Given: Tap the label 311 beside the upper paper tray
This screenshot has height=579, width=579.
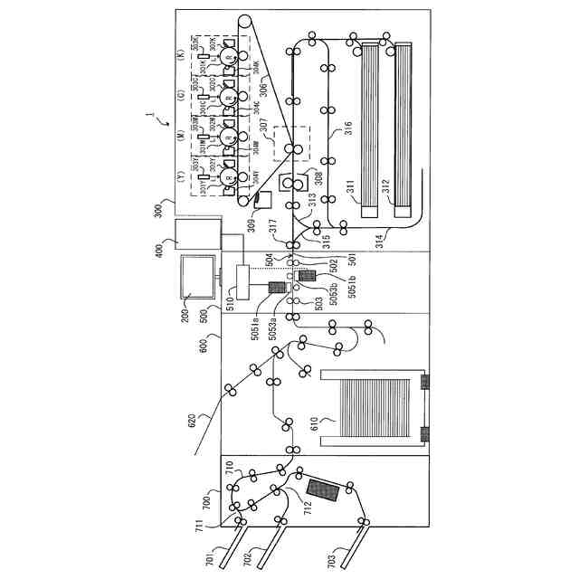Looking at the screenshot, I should pyautogui.click(x=351, y=186).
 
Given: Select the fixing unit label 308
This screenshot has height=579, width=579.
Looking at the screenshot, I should pyautogui.click(x=318, y=174).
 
